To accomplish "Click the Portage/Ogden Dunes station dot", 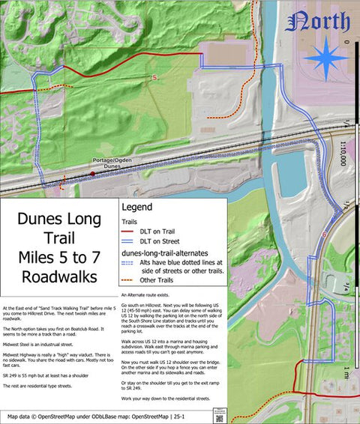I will point(92,174).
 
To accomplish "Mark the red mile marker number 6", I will point(324,234).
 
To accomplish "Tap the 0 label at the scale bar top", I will point(347,43).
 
